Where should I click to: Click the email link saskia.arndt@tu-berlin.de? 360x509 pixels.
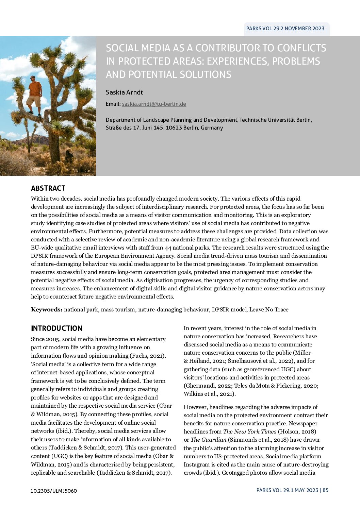(154, 104)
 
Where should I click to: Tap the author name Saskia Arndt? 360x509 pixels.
(124, 92)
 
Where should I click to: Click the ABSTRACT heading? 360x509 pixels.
(48, 188)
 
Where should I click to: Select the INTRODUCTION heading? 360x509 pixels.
(56, 328)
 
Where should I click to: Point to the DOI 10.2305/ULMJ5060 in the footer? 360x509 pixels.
(54, 491)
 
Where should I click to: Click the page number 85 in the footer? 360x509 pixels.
(326, 490)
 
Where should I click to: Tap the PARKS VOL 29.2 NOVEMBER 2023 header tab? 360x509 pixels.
(285, 29)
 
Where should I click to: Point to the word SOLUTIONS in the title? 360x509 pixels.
(203, 74)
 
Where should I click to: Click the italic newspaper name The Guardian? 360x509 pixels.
(208, 440)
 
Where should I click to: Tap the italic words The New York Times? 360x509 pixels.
(245, 432)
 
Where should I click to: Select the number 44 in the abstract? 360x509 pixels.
(168, 248)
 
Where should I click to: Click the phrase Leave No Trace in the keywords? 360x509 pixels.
(269, 310)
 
